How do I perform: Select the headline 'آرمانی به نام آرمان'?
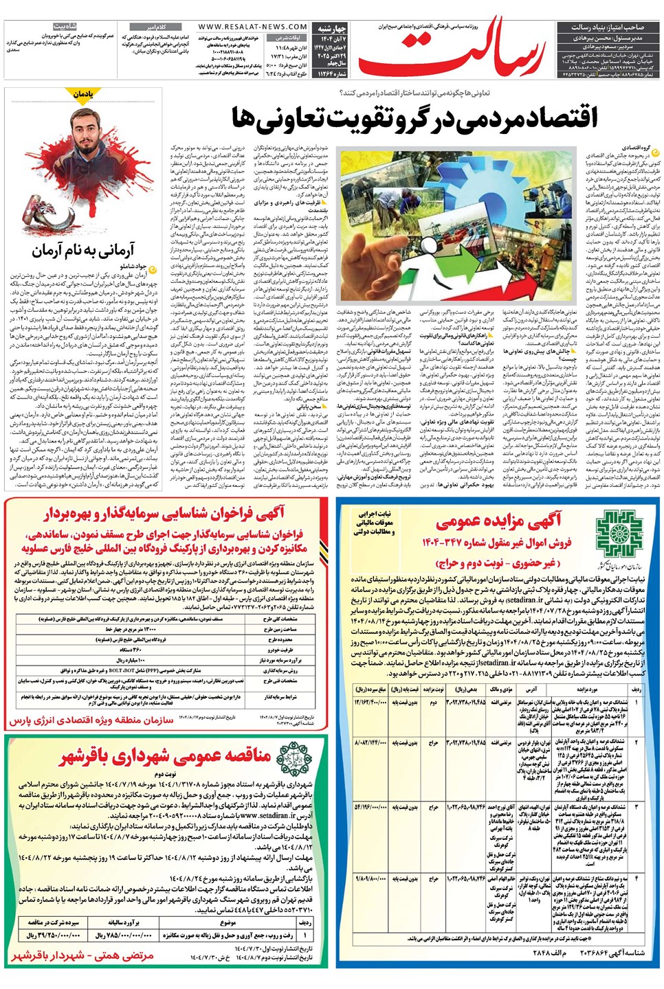tap(83, 251)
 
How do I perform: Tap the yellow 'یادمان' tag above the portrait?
tap(83, 93)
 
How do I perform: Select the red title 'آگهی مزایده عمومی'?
tap(498, 521)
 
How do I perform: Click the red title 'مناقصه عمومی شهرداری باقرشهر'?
tap(165, 756)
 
